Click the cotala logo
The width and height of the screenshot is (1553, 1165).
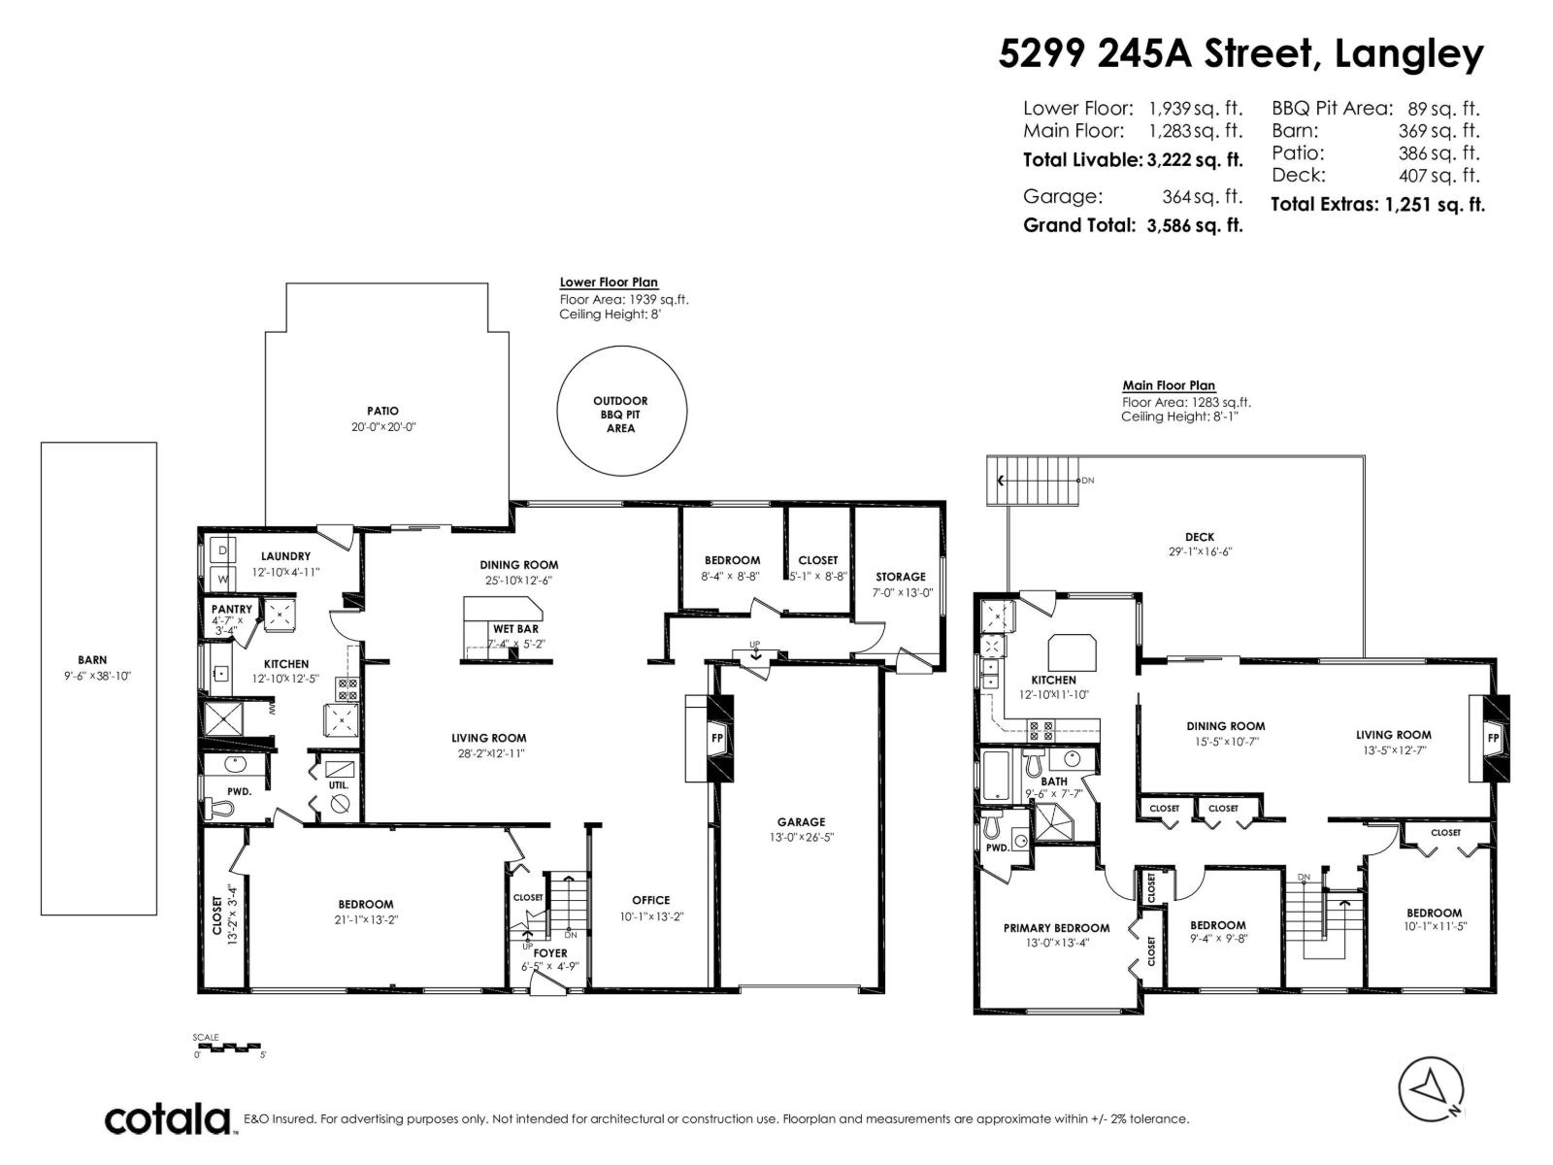pos(168,1119)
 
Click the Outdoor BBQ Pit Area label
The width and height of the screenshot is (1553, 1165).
pos(620,415)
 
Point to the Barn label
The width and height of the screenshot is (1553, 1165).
pos(92,660)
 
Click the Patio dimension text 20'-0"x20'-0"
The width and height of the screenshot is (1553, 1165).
pos(382,427)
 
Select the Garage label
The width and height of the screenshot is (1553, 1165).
pos(801,822)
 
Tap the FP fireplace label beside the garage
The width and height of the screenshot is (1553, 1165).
pos(716,738)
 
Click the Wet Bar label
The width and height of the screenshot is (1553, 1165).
pos(515,629)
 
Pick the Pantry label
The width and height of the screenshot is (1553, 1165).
pos(231,609)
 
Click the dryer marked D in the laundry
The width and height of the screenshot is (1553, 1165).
pos(222,549)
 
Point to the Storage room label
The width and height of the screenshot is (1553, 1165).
pos(900,577)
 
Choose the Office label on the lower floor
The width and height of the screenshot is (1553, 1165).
pos(650,900)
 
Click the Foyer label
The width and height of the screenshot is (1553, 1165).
pos(549,952)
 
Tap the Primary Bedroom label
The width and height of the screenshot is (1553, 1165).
pos(1056,928)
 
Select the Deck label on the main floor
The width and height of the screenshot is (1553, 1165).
pos(1200,537)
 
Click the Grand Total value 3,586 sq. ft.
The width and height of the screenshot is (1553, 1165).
pos(1194,225)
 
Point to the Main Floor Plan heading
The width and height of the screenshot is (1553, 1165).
pos(1168,385)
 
